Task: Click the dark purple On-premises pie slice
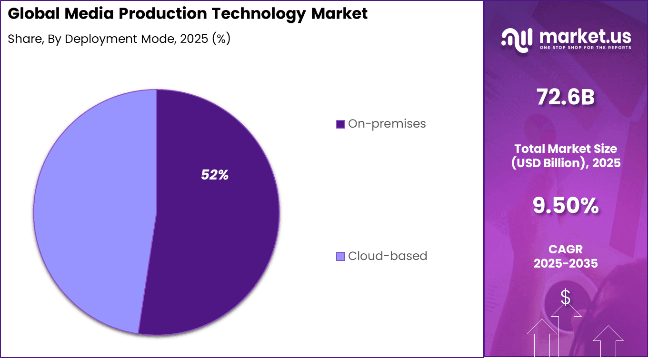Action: click(x=214, y=229)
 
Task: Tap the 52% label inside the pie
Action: click(x=215, y=175)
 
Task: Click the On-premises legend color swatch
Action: click(x=340, y=124)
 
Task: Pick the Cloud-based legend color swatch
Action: click(x=340, y=256)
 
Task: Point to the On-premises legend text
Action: click(x=387, y=124)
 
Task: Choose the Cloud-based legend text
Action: click(x=388, y=256)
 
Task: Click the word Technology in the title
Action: click(x=259, y=14)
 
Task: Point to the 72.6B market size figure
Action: click(x=566, y=97)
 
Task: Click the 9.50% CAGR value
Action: click(x=566, y=206)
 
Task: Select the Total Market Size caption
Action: click(x=566, y=149)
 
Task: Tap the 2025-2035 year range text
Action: click(x=566, y=263)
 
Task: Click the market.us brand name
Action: click(x=585, y=36)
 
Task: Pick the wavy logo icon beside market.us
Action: click(x=517, y=40)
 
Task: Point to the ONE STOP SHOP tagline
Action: click(x=585, y=48)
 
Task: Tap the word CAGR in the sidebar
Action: click(x=566, y=249)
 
